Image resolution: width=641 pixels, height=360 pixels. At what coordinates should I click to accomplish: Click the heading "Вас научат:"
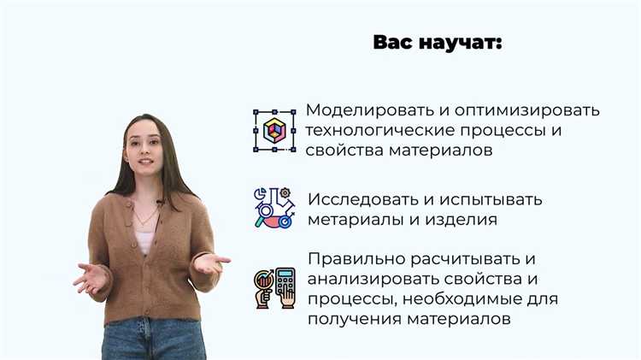point(438,43)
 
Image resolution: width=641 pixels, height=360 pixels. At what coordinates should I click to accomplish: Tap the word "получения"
point(350,318)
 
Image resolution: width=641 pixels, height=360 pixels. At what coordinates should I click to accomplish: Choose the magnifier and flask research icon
point(273,208)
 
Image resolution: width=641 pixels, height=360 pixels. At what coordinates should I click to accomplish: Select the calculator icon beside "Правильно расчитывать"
point(274,288)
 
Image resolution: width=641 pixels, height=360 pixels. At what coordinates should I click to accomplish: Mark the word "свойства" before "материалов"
point(339,150)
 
